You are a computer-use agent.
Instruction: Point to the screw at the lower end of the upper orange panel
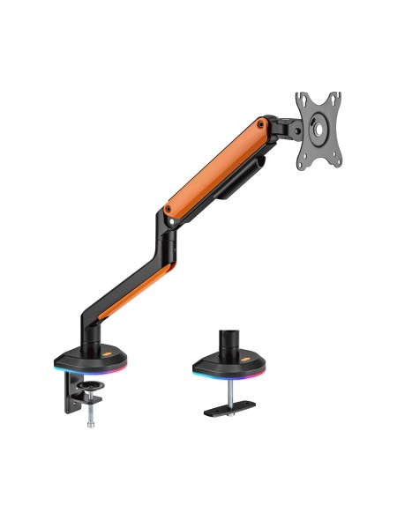pos(168,209)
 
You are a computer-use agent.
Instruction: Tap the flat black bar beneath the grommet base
pos(227,411)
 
